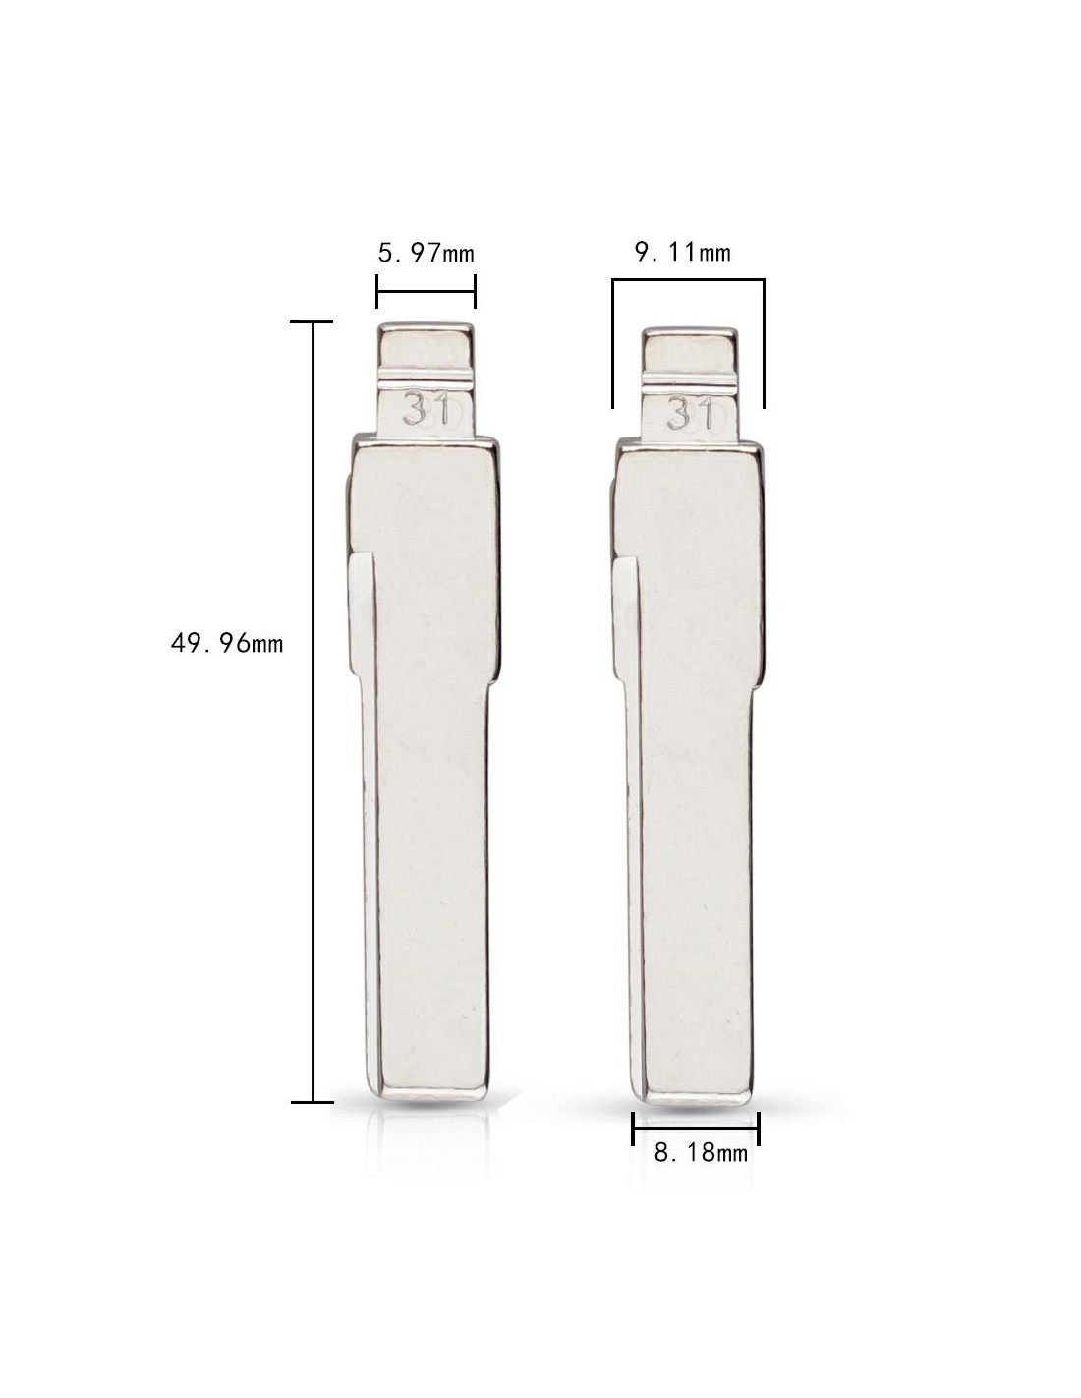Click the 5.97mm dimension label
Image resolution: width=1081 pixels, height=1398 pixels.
tap(426, 254)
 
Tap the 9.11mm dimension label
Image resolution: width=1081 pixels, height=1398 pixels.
tap(683, 253)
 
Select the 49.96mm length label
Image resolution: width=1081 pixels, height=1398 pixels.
tap(227, 643)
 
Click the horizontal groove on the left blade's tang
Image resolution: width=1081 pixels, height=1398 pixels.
tap(426, 376)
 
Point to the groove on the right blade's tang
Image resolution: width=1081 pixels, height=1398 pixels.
tap(690, 379)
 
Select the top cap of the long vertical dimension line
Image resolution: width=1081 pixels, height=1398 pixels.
tap(312, 321)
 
